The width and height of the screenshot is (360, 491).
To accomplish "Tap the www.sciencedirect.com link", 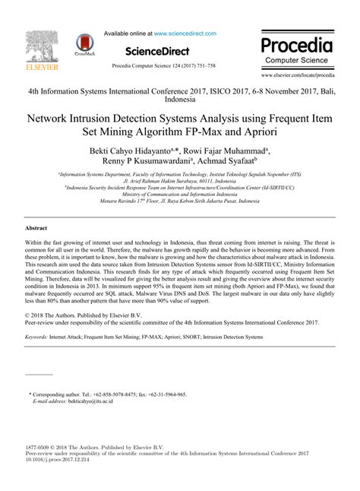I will pyautogui.click(x=185, y=34).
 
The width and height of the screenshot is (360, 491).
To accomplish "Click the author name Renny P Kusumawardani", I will pyautogui.click(x=147, y=161).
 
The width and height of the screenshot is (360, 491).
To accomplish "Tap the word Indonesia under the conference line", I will pyautogui.click(x=179, y=100).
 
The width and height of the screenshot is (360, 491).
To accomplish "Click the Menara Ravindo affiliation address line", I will pyautogui.click(x=179, y=201).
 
